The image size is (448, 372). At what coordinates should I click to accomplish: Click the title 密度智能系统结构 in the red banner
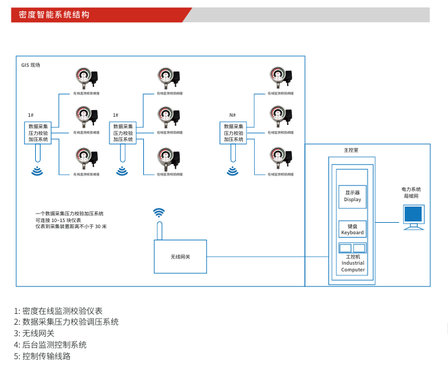coord(54,14)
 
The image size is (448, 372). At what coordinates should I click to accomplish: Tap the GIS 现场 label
coord(31,65)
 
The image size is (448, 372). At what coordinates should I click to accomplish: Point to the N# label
coord(232,115)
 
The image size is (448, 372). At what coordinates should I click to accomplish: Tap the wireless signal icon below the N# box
coord(232,171)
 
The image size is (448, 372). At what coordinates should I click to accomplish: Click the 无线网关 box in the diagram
coord(180,257)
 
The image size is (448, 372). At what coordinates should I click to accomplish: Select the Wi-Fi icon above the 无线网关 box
coord(159,213)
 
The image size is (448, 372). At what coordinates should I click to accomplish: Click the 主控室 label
coord(351,150)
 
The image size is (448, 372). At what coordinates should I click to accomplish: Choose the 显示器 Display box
coord(352,196)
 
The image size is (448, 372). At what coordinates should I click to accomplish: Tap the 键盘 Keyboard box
coord(352,229)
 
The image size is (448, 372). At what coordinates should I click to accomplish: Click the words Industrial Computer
coord(353,266)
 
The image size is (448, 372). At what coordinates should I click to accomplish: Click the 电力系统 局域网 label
coord(411,192)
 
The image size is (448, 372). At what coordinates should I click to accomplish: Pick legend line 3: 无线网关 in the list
coord(34,334)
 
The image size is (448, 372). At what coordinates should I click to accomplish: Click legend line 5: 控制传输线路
coord(42,356)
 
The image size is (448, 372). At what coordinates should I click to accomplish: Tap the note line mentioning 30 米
coord(71,226)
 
